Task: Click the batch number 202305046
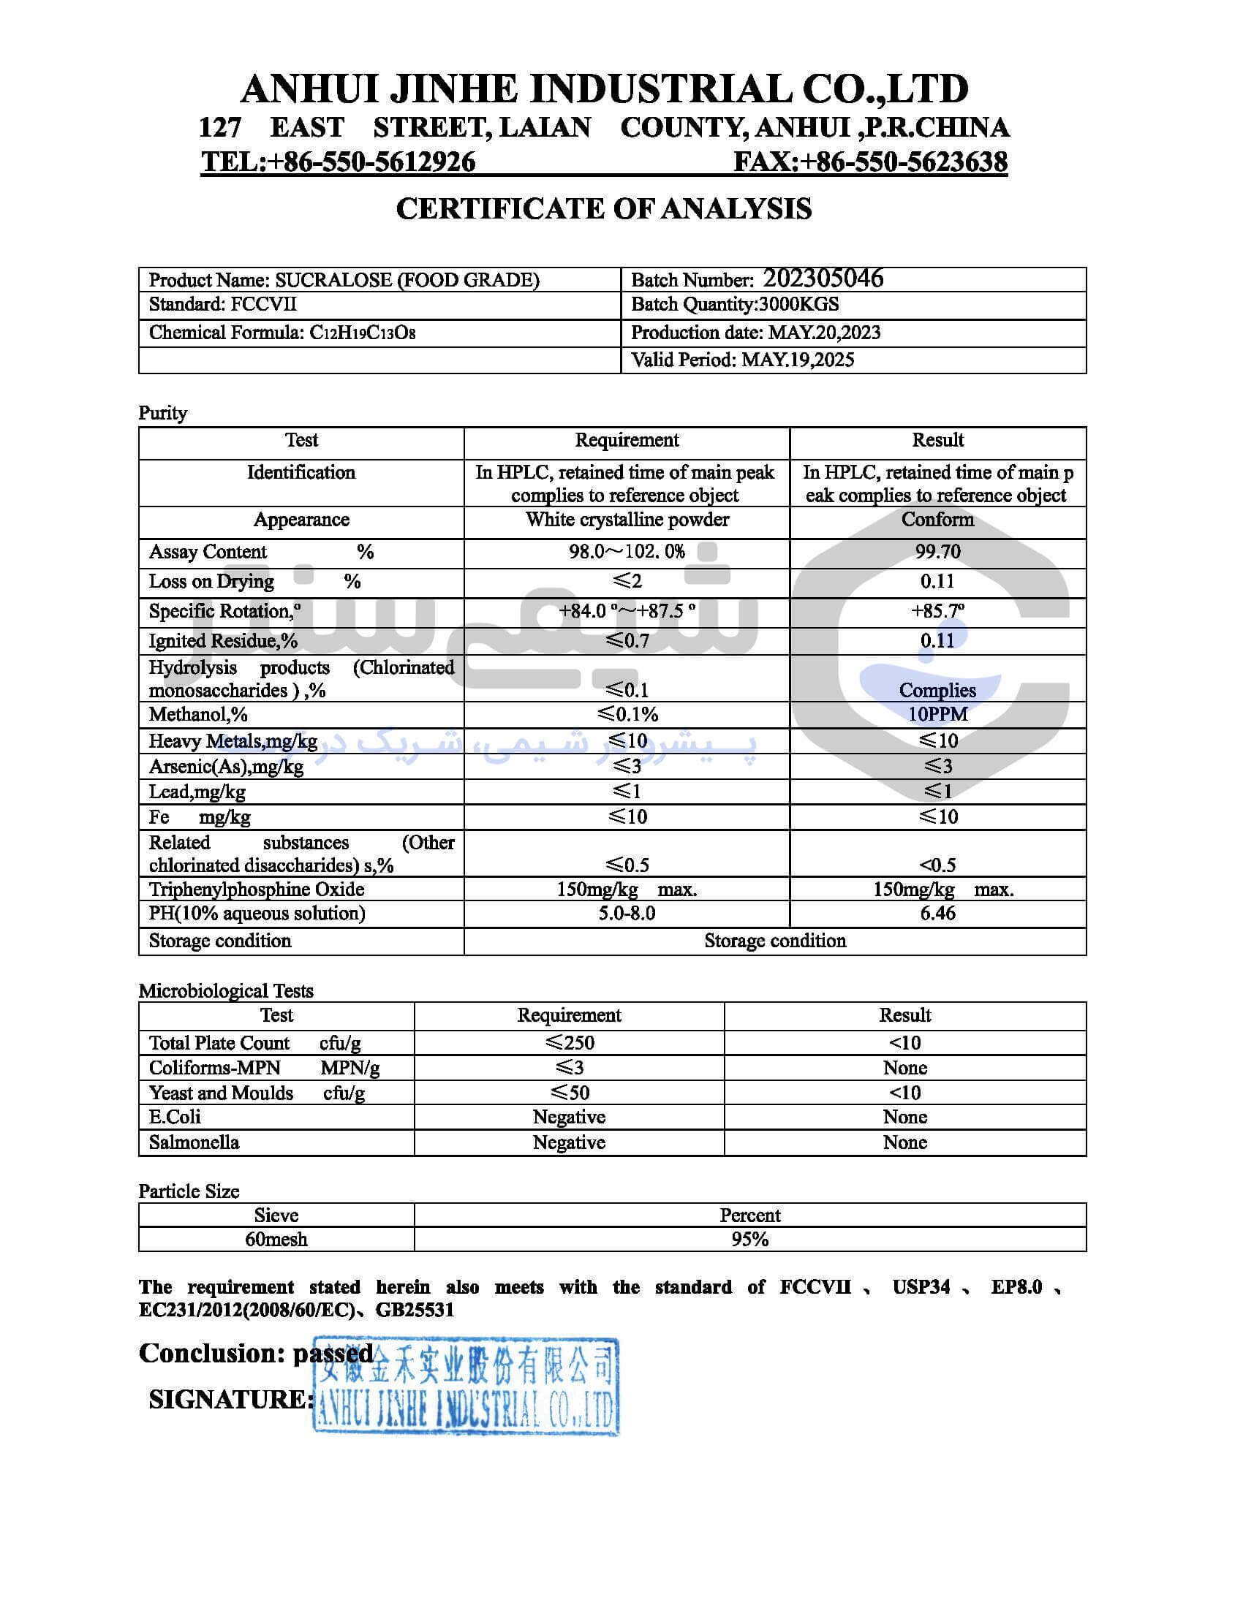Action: pos(822,278)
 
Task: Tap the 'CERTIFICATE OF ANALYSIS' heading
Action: pos(604,209)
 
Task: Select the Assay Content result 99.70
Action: pos(937,551)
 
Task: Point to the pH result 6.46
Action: pos(937,914)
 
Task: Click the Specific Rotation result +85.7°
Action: pos(937,611)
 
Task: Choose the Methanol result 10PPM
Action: pos(937,714)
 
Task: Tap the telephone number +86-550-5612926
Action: pos(372,162)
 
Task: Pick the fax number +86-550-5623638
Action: pos(904,162)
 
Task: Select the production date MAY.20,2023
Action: pos(824,333)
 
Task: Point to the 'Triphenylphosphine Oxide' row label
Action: pos(256,890)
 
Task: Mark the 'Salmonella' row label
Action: pos(194,1142)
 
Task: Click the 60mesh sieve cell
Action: pos(276,1240)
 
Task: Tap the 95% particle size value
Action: pos(749,1240)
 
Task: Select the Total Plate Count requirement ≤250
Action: pos(569,1042)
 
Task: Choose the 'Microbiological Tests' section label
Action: pos(226,991)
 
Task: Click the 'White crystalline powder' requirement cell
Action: pos(627,520)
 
